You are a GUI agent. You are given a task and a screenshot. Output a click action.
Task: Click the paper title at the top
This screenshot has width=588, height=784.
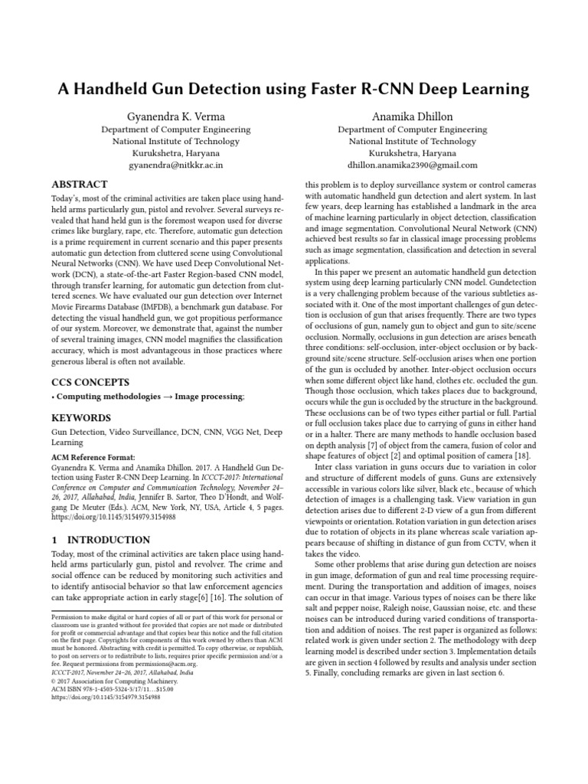tap(294, 89)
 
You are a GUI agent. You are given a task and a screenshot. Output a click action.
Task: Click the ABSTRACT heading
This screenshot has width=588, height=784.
tap(79, 185)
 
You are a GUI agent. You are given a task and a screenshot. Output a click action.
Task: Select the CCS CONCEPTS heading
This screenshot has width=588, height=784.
tap(90, 381)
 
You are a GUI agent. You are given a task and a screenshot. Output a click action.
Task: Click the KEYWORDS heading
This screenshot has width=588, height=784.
tap(81, 418)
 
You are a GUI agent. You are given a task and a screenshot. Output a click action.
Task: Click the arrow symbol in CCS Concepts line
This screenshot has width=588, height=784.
tap(166, 397)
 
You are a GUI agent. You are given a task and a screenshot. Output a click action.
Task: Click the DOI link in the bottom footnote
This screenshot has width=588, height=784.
tap(106, 697)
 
